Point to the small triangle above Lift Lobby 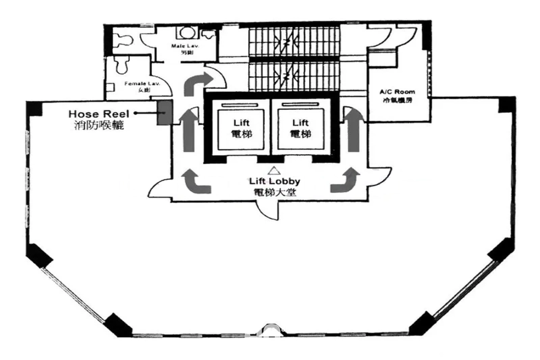point(274,170)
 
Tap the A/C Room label point(397,92)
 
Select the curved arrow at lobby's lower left point(195,181)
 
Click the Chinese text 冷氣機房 point(397,101)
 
